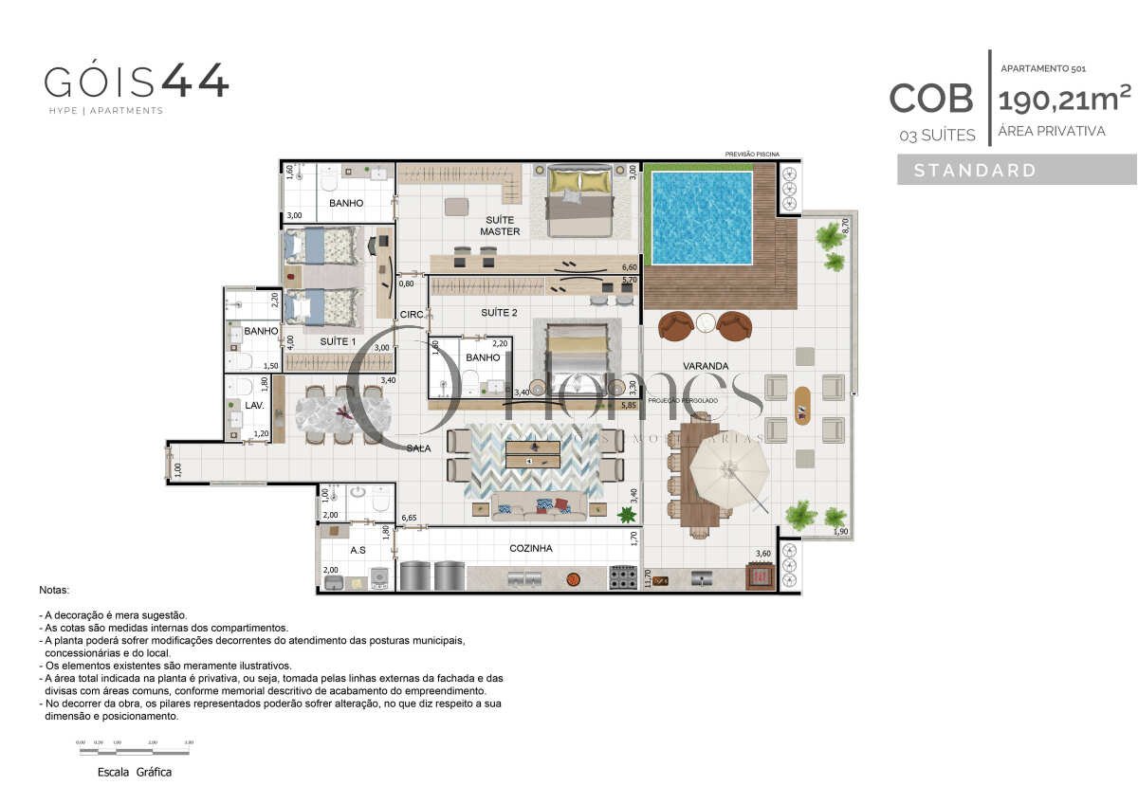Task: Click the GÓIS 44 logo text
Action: click(137, 82)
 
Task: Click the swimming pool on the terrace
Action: click(702, 217)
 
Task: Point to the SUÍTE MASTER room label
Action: click(499, 226)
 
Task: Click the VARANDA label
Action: click(705, 365)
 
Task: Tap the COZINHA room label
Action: click(530, 548)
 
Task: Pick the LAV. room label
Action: click(254, 405)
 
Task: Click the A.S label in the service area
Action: click(358, 549)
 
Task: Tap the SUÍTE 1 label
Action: click(338, 341)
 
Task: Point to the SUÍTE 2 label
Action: click(499, 312)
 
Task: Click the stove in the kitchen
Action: click(622, 576)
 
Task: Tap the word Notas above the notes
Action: click(55, 590)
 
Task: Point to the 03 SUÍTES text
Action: click(937, 136)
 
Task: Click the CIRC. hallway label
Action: click(411, 314)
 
